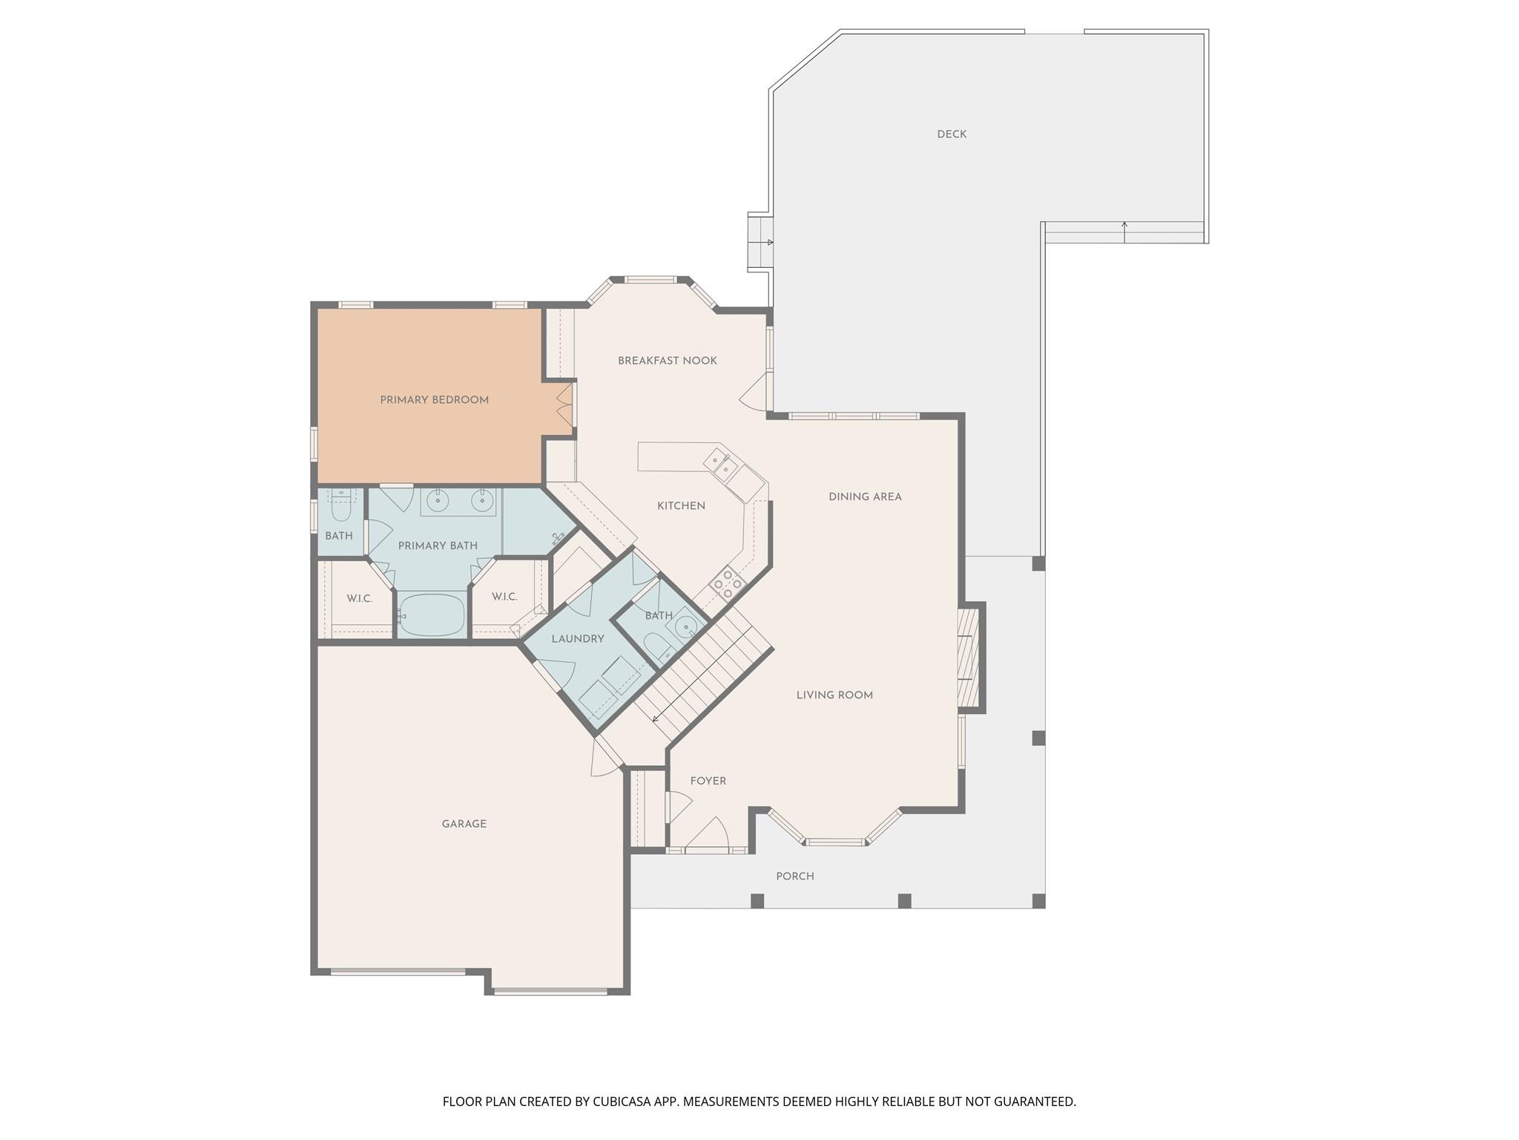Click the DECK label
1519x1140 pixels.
coord(951,134)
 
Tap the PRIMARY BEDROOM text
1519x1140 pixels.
coord(434,400)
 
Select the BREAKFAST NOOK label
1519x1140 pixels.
coord(667,361)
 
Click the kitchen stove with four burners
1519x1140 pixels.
coord(726,583)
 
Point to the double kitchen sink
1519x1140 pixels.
coord(720,465)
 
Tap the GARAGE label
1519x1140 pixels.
coord(464,824)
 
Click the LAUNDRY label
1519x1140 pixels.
coord(577,639)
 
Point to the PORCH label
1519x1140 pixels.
coord(794,877)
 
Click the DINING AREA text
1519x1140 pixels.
coord(865,497)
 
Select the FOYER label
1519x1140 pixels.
coord(708,781)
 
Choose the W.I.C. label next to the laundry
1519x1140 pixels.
coord(504,597)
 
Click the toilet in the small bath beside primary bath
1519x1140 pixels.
coord(340,509)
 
